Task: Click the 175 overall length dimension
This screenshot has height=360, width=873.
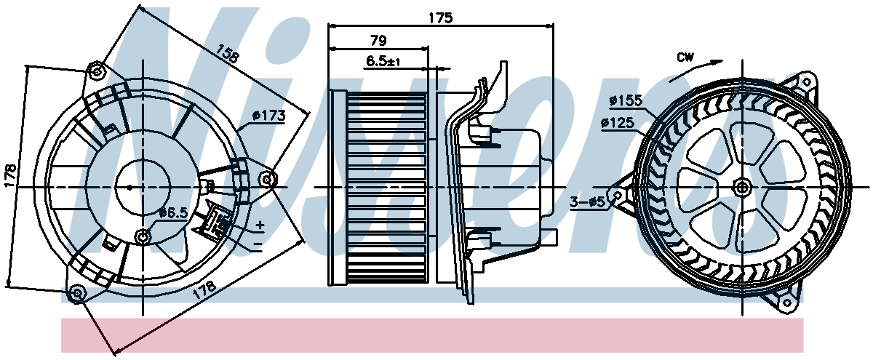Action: (x=440, y=18)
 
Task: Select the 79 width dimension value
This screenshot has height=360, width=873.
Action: (x=378, y=40)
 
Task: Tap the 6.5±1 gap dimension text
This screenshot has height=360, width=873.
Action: (x=383, y=61)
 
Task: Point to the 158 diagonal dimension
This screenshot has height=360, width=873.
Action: (x=227, y=53)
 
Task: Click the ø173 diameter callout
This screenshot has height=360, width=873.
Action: (x=269, y=116)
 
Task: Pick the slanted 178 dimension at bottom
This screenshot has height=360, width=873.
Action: (x=204, y=290)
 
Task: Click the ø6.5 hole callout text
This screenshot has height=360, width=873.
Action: (x=174, y=212)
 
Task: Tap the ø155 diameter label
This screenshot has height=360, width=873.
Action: (x=626, y=100)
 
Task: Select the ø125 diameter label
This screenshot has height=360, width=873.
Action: (x=618, y=123)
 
